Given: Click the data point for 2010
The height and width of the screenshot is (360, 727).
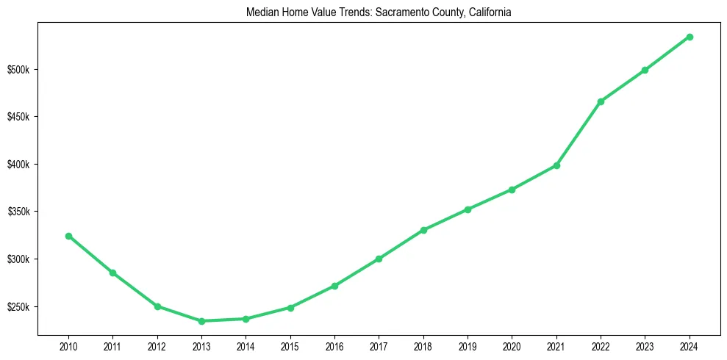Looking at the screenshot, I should pos(68,236).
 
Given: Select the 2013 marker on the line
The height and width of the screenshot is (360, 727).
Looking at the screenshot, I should pos(201,321).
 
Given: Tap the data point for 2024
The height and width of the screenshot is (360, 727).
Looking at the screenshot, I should pos(690,37).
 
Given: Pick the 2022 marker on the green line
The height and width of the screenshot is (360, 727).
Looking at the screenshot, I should pos(601,101).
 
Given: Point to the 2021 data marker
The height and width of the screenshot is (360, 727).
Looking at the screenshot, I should pos(556,165).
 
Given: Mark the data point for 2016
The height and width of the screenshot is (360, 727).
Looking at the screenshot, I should pos(334,286).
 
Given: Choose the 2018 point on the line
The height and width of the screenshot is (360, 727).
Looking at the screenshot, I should pos(423,230).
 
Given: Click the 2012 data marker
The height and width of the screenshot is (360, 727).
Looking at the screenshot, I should pos(157,306).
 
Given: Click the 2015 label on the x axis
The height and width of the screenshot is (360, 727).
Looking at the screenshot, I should pos(290,345).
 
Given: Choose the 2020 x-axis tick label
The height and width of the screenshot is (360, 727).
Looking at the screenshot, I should pos(512,345).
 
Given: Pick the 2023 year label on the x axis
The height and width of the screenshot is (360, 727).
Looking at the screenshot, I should pos(645,345).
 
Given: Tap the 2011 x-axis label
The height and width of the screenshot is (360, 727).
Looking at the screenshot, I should pos(112,345).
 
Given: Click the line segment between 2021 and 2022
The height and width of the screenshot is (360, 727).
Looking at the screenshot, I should pos(579,134).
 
